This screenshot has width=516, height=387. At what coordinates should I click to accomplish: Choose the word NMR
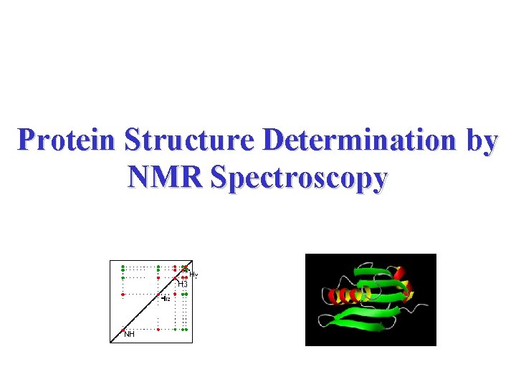[x=164, y=176]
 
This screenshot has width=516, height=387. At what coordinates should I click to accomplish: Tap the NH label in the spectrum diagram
[x=129, y=334]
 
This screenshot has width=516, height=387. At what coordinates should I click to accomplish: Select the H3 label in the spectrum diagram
[x=183, y=285]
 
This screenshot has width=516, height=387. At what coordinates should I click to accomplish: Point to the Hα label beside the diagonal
[x=166, y=298]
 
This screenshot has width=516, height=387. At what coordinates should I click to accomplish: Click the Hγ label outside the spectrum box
[x=193, y=274]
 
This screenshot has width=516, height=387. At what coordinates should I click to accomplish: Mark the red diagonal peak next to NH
[x=123, y=330]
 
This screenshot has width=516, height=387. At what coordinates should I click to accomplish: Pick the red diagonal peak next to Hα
[x=158, y=294]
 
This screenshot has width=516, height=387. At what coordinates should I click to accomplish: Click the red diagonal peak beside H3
[x=175, y=277]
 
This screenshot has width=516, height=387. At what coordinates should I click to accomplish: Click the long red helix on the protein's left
[x=348, y=295]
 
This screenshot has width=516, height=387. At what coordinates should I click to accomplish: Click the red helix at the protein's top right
[x=400, y=273]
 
